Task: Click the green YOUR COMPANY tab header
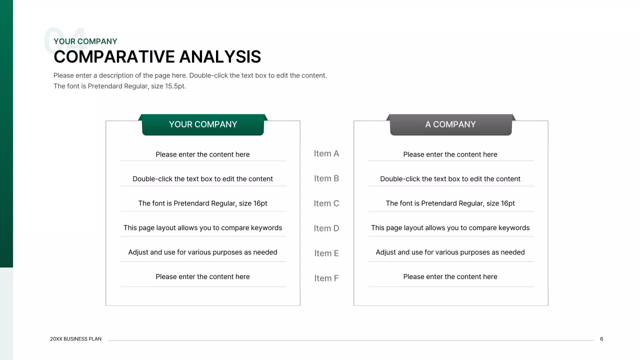pyautogui.click(x=202, y=124)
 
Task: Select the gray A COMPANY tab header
pyautogui.click(x=450, y=124)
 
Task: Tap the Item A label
pyautogui.click(x=326, y=153)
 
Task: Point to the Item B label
pyautogui.click(x=326, y=178)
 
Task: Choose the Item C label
pyautogui.click(x=326, y=203)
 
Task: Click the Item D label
pyautogui.click(x=326, y=228)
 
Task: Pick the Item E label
pyautogui.click(x=326, y=253)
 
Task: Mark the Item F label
pyautogui.click(x=326, y=278)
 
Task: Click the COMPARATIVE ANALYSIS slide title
pyautogui.click(x=157, y=57)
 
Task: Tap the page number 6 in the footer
pyautogui.click(x=601, y=339)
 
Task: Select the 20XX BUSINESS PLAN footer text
pyautogui.click(x=75, y=339)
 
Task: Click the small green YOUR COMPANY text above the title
pyautogui.click(x=85, y=41)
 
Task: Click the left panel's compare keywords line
pyautogui.click(x=202, y=228)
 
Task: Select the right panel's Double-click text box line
pyautogui.click(x=450, y=179)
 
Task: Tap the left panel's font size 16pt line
pyautogui.click(x=202, y=203)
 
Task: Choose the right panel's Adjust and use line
pyautogui.click(x=450, y=252)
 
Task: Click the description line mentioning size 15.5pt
pyautogui.click(x=119, y=86)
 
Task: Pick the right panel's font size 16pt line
pyautogui.click(x=450, y=203)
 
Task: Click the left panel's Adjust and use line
pyautogui.click(x=202, y=252)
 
